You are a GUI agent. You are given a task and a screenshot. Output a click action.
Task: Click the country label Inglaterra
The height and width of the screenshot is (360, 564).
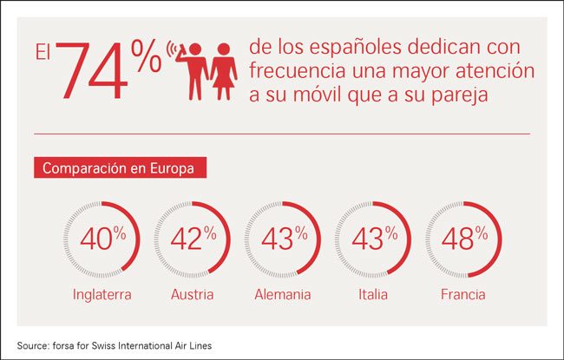pyautogui.click(x=101, y=295)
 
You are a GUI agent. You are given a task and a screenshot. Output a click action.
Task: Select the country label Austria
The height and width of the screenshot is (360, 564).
pyautogui.click(x=191, y=295)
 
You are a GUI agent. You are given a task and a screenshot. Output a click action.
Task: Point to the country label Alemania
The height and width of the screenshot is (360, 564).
pyautogui.click(x=282, y=295)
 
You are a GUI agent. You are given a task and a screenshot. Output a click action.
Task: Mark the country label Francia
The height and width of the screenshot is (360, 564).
pyautogui.click(x=462, y=295)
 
